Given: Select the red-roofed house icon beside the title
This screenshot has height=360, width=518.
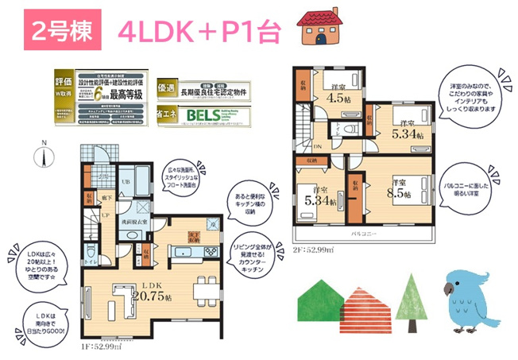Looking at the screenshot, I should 321,27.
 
